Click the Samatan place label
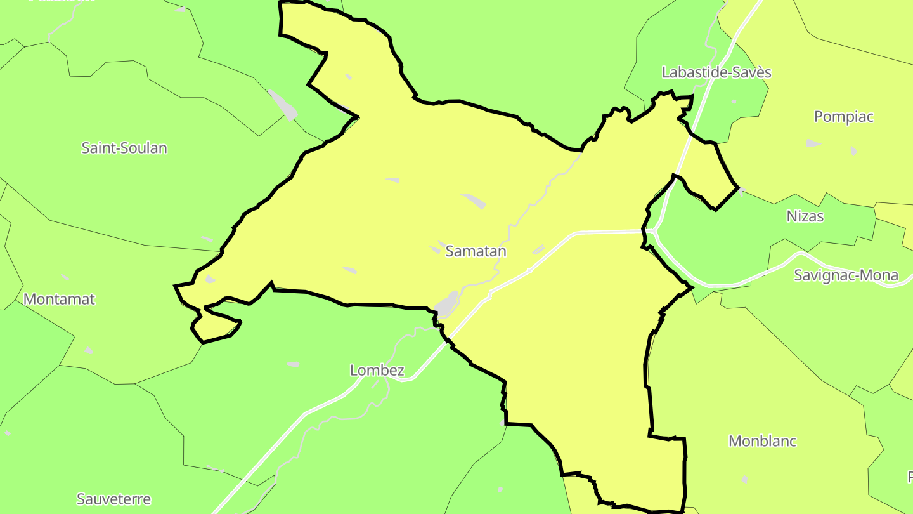(476, 251)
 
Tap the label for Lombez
(377, 371)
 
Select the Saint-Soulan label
(124, 148)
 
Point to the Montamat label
(59, 299)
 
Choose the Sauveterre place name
(113, 499)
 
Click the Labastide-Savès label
(716, 72)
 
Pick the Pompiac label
(843, 117)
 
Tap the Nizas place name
(805, 216)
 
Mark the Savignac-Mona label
(846, 275)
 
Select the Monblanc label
(762, 442)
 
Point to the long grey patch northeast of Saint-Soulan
(283, 105)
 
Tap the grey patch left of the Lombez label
(293, 364)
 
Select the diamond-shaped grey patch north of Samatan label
(474, 201)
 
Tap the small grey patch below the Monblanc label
(744, 479)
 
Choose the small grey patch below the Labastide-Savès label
(734, 102)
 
